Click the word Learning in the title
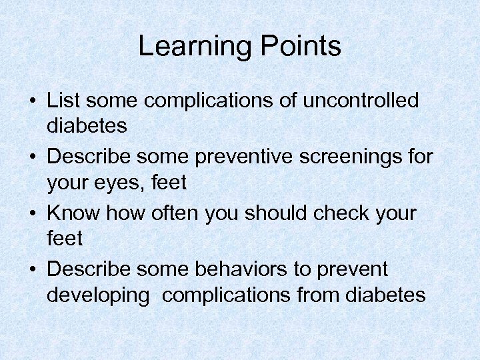193,47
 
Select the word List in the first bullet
63,101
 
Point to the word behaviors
239,269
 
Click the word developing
98,294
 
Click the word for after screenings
417,157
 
